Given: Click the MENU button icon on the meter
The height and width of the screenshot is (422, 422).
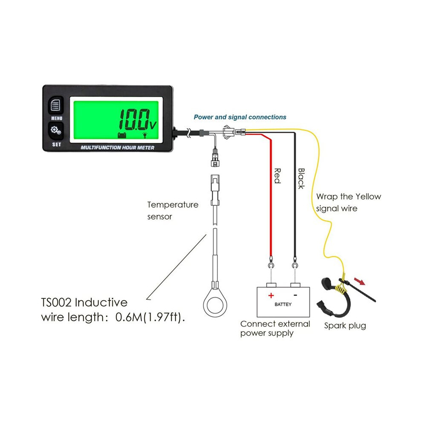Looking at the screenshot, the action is (x=56, y=105).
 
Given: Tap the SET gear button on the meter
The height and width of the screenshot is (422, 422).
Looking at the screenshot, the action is (x=56, y=131).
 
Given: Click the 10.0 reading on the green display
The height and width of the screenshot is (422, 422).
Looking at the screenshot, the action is (x=134, y=120).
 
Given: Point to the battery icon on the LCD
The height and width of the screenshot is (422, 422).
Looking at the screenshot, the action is (x=122, y=135).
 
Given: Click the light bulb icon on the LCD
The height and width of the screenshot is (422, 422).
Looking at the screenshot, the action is (x=145, y=135).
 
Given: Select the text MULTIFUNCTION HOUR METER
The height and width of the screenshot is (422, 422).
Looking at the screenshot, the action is (x=118, y=147).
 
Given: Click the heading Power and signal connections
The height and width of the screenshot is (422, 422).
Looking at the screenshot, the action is (x=240, y=117).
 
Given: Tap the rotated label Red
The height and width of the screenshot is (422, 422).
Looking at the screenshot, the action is (x=277, y=176).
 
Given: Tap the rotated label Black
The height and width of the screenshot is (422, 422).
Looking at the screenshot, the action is (x=301, y=179).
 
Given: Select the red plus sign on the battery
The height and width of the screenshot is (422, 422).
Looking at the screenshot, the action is (x=271, y=295).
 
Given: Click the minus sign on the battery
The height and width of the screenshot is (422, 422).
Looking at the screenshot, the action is (x=295, y=295).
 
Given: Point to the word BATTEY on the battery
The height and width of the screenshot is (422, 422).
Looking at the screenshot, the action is (x=283, y=304).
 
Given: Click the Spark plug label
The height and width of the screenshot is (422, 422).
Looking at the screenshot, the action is (x=345, y=326).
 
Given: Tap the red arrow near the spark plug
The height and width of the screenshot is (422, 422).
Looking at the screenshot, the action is (x=360, y=281).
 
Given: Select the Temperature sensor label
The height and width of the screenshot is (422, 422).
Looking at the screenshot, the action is (x=173, y=211).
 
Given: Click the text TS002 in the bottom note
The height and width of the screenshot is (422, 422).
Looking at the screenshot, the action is (x=56, y=303).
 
